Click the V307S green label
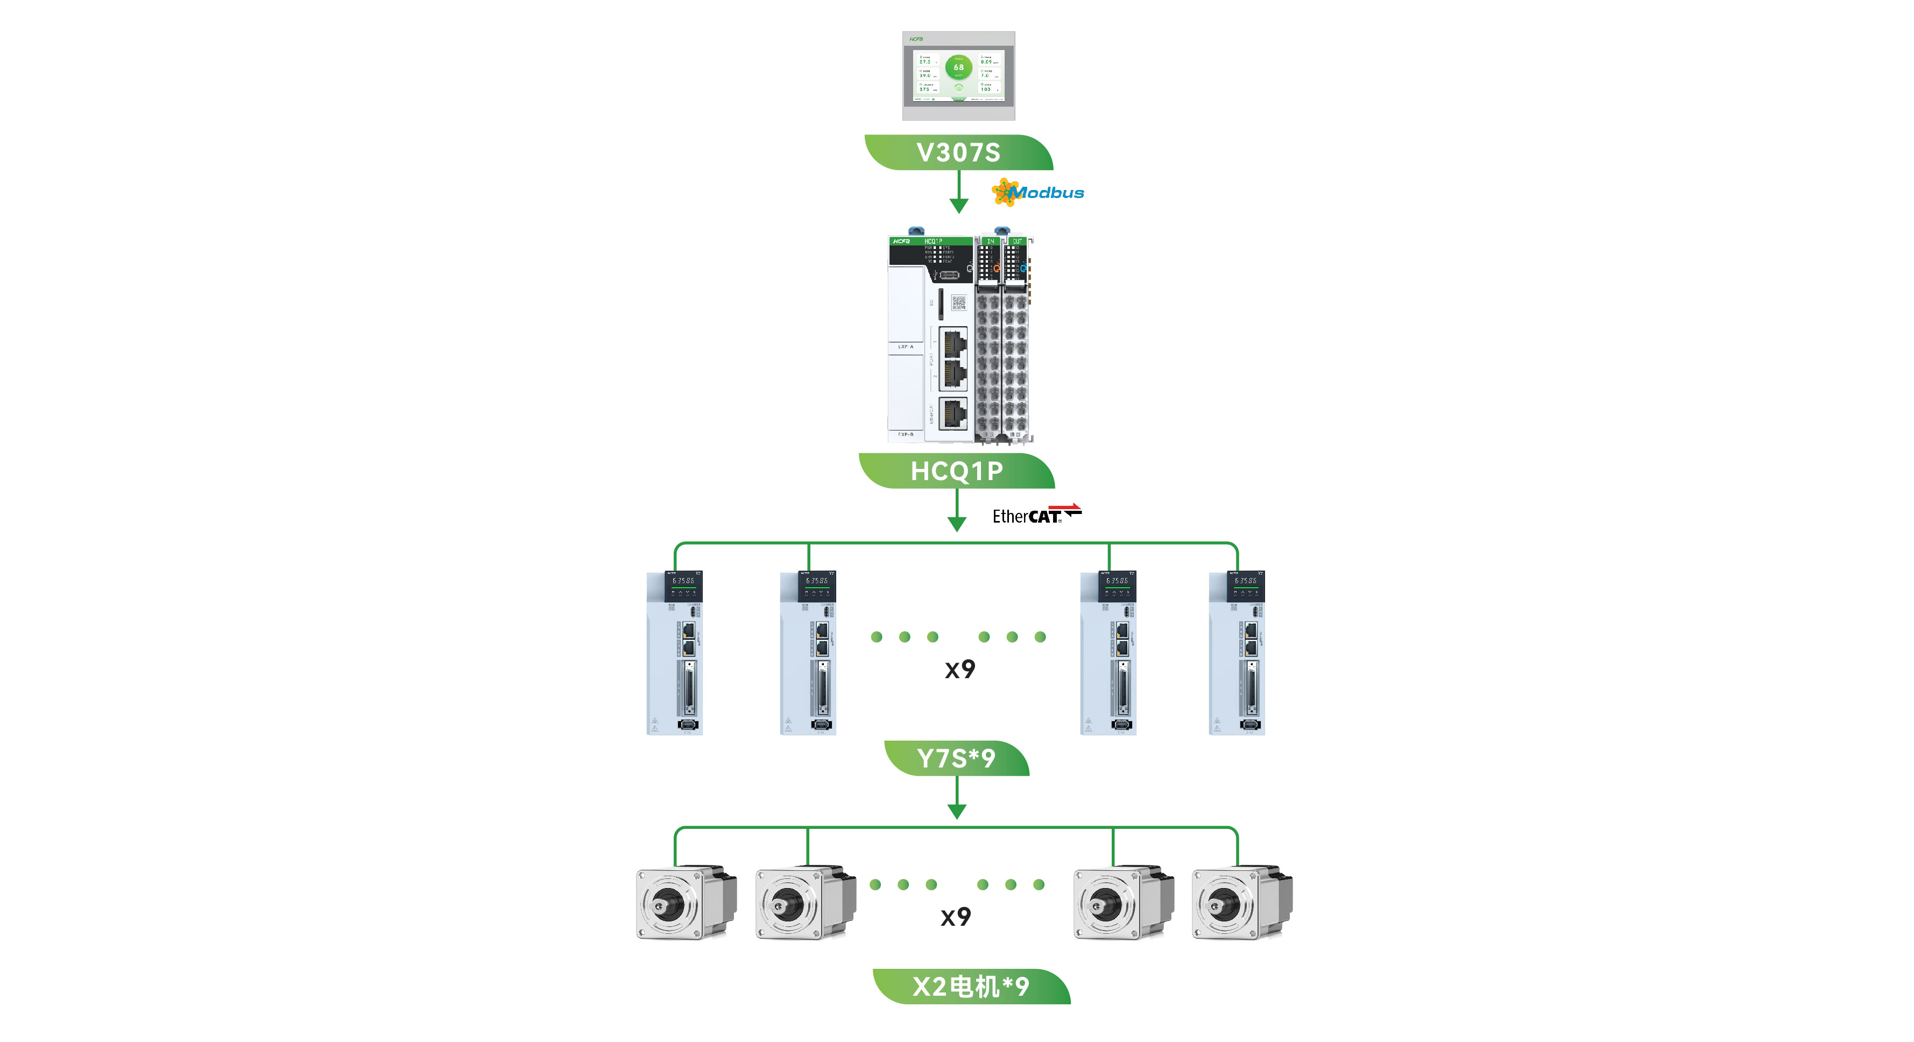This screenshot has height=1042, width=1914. point(958,152)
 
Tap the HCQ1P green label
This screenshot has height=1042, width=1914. point(957,471)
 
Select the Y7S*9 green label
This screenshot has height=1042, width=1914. point(956,758)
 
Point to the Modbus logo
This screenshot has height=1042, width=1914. point(1039,193)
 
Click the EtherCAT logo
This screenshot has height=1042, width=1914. point(1036,515)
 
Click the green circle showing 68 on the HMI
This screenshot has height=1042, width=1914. point(958,67)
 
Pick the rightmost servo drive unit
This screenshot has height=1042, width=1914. point(1237,652)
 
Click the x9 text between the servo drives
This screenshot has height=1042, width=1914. point(960,669)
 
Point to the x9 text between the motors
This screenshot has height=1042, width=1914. point(956,917)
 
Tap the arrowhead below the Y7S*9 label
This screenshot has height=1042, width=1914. point(957,811)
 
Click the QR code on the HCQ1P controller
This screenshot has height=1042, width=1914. point(958,302)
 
